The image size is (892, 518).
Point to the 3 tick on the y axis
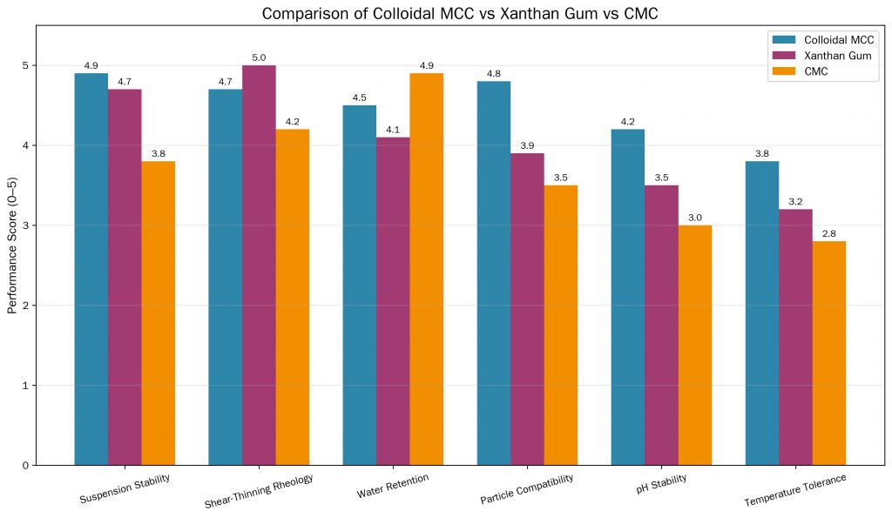(x=24, y=225)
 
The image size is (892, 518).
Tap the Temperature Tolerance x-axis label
(x=794, y=490)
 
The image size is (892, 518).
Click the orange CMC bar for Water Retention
(x=426, y=269)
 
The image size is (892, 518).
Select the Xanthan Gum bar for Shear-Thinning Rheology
(x=259, y=265)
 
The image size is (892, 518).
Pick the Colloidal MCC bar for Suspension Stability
(x=91, y=269)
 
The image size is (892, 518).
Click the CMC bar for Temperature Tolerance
(x=829, y=353)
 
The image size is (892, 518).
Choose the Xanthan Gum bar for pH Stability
(x=661, y=325)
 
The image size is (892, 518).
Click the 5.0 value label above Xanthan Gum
(x=259, y=57)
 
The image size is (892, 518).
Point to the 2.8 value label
(x=829, y=233)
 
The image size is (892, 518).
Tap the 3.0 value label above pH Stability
(x=695, y=218)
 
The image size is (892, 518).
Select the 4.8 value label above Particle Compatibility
(x=494, y=74)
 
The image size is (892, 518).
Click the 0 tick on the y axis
(x=24, y=465)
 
